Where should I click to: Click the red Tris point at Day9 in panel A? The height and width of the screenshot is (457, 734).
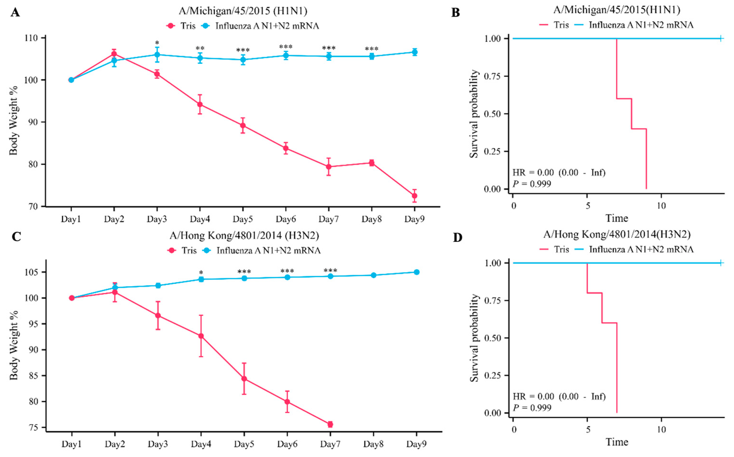point(415,196)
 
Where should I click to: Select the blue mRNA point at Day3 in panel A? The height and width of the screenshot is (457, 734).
point(157,55)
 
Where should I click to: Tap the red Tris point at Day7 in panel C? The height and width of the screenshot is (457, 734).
point(330,424)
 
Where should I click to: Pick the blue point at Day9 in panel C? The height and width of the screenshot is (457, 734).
point(416,272)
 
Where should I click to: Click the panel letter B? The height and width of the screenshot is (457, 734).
point(455,13)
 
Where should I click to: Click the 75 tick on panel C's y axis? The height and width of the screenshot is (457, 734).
point(34,428)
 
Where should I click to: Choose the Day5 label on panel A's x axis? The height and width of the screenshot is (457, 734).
point(243,219)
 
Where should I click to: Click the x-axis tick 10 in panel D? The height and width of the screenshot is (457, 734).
point(661,430)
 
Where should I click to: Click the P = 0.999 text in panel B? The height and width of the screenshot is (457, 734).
point(532,184)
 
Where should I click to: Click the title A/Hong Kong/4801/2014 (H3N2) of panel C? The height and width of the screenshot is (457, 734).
point(244,236)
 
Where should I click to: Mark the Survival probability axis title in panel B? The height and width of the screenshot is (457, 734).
point(474,114)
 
